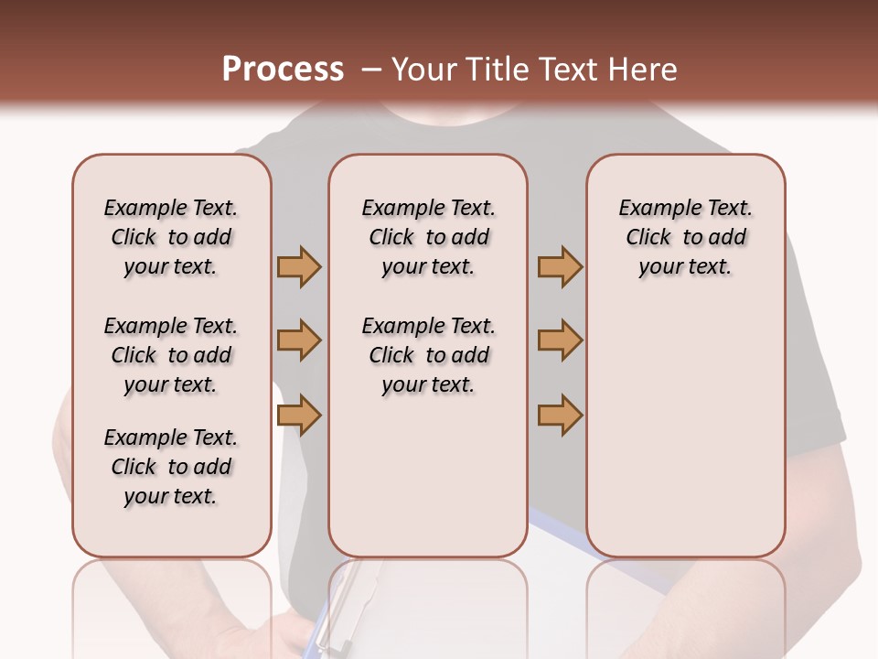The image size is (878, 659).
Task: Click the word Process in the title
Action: [283, 70]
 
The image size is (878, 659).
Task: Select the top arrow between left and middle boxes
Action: [299, 266]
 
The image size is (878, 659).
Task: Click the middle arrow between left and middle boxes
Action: [299, 340]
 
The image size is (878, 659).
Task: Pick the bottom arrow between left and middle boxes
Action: [299, 415]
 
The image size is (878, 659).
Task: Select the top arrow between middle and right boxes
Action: [560, 266]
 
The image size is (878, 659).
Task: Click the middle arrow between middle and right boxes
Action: [560, 340]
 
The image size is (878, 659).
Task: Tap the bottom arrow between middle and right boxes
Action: [560, 415]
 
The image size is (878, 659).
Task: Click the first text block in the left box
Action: [171, 237]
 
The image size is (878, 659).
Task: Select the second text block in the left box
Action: [171, 355]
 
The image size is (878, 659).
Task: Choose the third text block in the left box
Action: [171, 467]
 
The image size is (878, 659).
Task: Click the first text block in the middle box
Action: [428, 237]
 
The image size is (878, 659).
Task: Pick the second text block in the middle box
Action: [428, 355]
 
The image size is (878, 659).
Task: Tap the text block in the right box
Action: [685, 237]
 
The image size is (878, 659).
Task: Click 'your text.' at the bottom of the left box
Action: [171, 496]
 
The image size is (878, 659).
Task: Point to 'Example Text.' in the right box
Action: [685, 208]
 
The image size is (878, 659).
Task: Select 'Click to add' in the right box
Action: [685, 237]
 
